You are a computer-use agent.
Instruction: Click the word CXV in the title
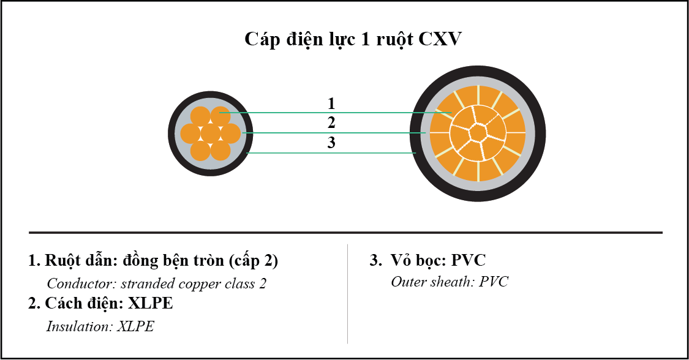[x=440, y=39]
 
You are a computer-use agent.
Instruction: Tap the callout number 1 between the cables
[x=331, y=103]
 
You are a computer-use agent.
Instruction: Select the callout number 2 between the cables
[x=331, y=122]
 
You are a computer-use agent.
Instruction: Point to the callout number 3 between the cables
[x=331, y=143]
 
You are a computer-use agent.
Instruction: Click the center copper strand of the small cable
[x=211, y=133]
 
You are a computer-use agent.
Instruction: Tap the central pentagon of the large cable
[x=477, y=132]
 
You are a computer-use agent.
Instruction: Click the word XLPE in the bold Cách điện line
[x=151, y=303]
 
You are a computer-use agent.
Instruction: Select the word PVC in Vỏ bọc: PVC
[x=469, y=260]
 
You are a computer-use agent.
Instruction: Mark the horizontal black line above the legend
[x=345, y=233]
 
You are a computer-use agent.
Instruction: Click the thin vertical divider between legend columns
[x=348, y=294]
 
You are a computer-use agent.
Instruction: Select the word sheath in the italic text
[x=453, y=282]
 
